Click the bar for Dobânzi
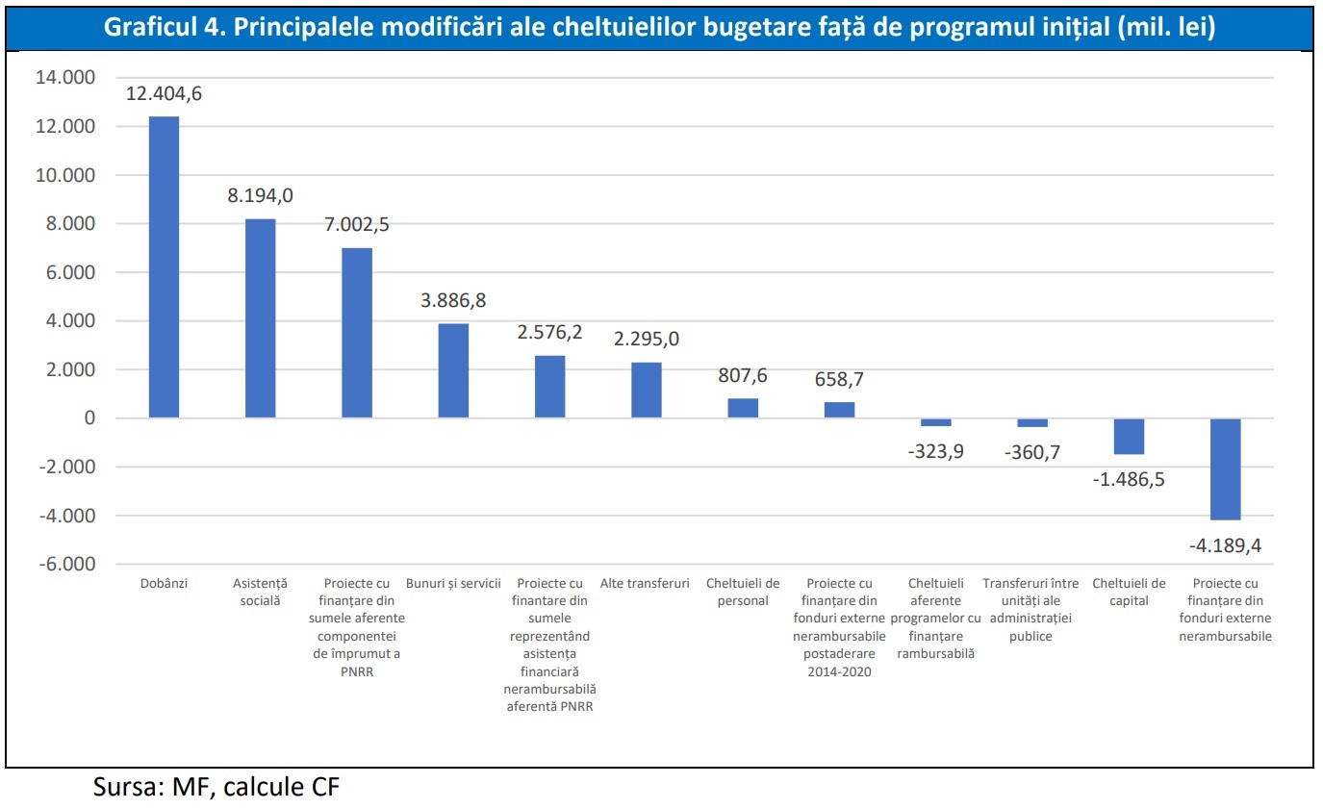click(164, 267)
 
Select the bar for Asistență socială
click(261, 318)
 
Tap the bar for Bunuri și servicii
click(453, 370)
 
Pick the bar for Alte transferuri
click(647, 390)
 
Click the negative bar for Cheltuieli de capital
click(1129, 436)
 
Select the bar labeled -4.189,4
click(1225, 468)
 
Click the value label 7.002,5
click(357, 224)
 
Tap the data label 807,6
click(743, 376)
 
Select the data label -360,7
click(1031, 451)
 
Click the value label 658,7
click(839, 379)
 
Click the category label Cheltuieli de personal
click(743, 592)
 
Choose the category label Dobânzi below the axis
click(164, 583)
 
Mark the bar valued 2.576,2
click(550, 387)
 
